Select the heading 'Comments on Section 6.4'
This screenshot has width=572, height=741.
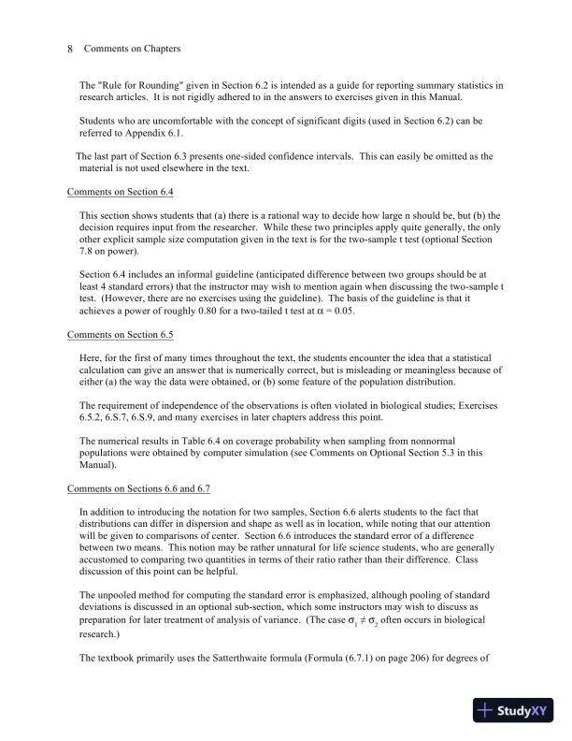tap(121, 192)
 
